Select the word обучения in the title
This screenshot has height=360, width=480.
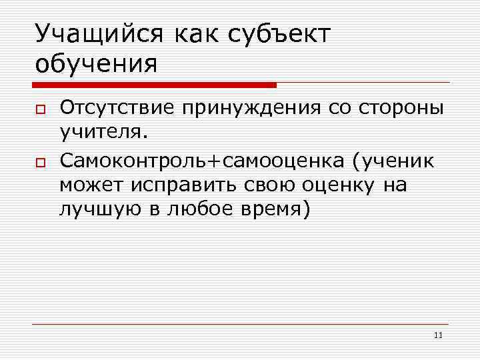point(97,65)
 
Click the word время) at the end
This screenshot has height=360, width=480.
point(274,211)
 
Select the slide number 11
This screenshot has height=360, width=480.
point(438,335)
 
